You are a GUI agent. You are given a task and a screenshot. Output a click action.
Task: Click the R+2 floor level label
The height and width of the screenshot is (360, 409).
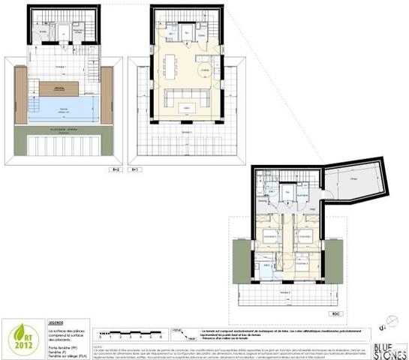coord(115,170)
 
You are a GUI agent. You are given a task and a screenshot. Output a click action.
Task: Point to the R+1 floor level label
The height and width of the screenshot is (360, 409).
coord(135,170)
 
